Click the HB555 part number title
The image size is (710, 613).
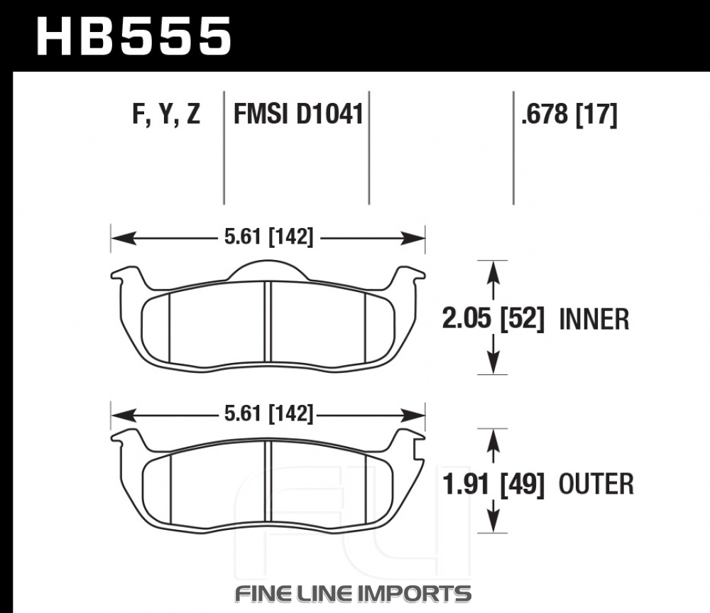pos(133,36)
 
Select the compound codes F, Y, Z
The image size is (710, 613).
pos(166,114)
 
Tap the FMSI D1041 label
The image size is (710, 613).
pos(298,114)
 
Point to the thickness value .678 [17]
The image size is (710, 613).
pos(569,114)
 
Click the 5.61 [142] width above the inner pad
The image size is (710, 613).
pos(268,237)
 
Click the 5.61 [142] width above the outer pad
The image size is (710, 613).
pos(268,413)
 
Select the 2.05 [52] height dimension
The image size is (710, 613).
pos(493,318)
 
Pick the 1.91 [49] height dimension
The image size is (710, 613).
pos(493,484)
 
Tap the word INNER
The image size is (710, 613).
pos(594,320)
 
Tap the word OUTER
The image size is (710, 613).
pos(596,484)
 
